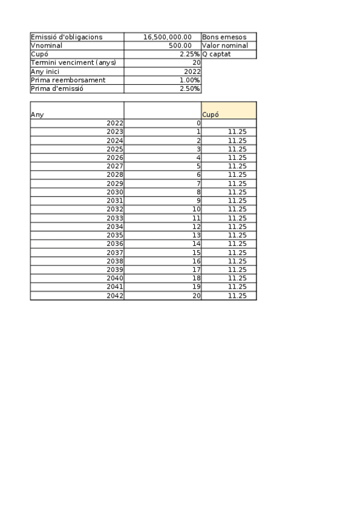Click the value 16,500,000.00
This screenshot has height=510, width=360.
click(x=167, y=37)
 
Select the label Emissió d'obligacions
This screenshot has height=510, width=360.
click(x=66, y=37)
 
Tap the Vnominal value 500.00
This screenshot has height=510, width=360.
click(x=180, y=46)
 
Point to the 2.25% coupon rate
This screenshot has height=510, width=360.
click(x=189, y=54)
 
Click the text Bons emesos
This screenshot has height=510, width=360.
click(x=224, y=37)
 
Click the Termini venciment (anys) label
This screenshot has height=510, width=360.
click(x=73, y=63)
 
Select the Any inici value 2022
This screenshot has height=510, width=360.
click(x=192, y=72)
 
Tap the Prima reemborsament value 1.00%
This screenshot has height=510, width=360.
click(x=190, y=80)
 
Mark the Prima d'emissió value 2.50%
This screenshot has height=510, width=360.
click(x=190, y=89)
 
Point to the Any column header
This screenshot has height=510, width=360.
click(x=37, y=114)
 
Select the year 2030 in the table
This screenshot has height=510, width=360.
click(x=114, y=192)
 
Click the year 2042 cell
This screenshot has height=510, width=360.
click(x=114, y=296)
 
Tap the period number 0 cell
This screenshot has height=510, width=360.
click(x=198, y=123)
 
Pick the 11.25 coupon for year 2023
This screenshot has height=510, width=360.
click(x=237, y=131)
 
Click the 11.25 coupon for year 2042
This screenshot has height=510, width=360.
click(x=237, y=296)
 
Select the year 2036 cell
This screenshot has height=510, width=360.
click(x=114, y=244)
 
